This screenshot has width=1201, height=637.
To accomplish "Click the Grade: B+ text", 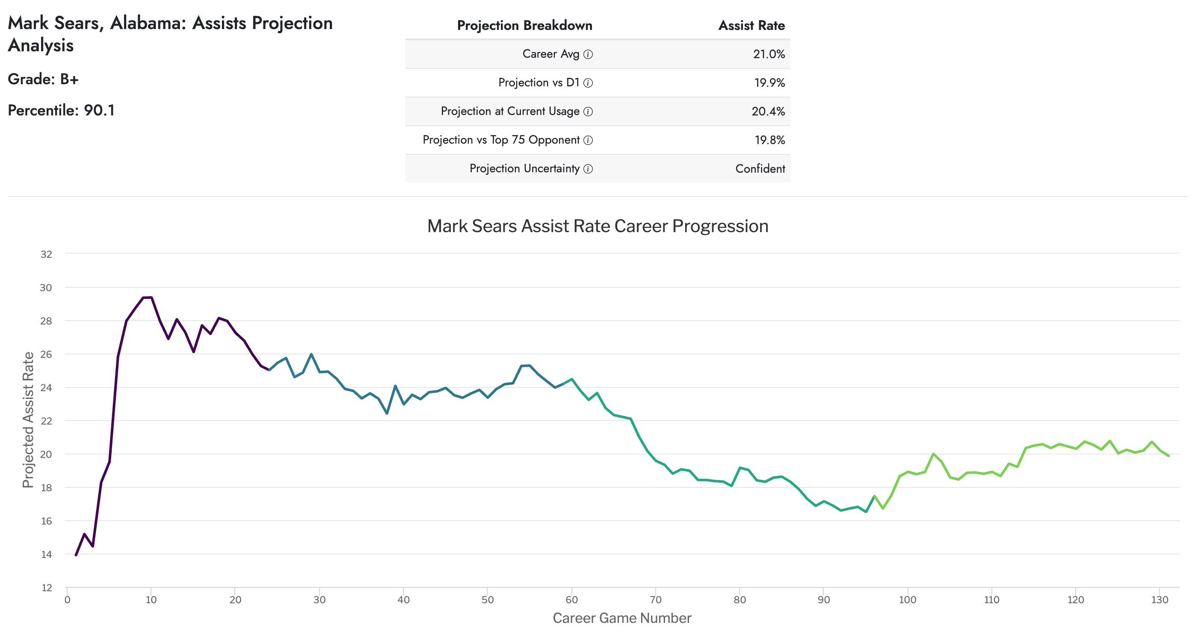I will click(43, 79).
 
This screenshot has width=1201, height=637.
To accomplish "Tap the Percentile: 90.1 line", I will click(61, 110).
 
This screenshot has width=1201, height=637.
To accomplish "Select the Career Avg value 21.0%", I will click(768, 54).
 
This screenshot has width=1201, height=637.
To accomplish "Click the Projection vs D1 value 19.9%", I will click(769, 83).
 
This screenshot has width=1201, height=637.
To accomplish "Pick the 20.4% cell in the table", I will click(767, 112).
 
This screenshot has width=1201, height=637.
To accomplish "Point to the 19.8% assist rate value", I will click(769, 140).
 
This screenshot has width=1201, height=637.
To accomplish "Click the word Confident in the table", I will click(760, 169).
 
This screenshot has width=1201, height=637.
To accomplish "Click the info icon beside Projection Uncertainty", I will click(588, 169).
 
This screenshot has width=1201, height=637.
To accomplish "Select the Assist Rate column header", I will click(751, 25).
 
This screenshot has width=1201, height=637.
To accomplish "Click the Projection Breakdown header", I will click(524, 25).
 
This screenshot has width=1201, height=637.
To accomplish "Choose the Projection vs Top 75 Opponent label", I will click(501, 140).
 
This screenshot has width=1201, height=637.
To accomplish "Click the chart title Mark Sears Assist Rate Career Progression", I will click(597, 226).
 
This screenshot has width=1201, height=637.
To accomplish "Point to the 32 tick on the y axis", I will click(46, 254).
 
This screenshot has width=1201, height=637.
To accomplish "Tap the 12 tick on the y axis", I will click(46, 587).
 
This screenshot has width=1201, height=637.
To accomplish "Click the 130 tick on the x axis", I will click(1159, 600).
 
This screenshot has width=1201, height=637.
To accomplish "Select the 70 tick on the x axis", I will click(655, 600).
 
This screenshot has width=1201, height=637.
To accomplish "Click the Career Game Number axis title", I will click(621, 618).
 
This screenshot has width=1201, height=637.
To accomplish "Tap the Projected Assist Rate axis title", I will click(28, 419).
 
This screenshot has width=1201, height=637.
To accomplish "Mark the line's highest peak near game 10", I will click(147, 297).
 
